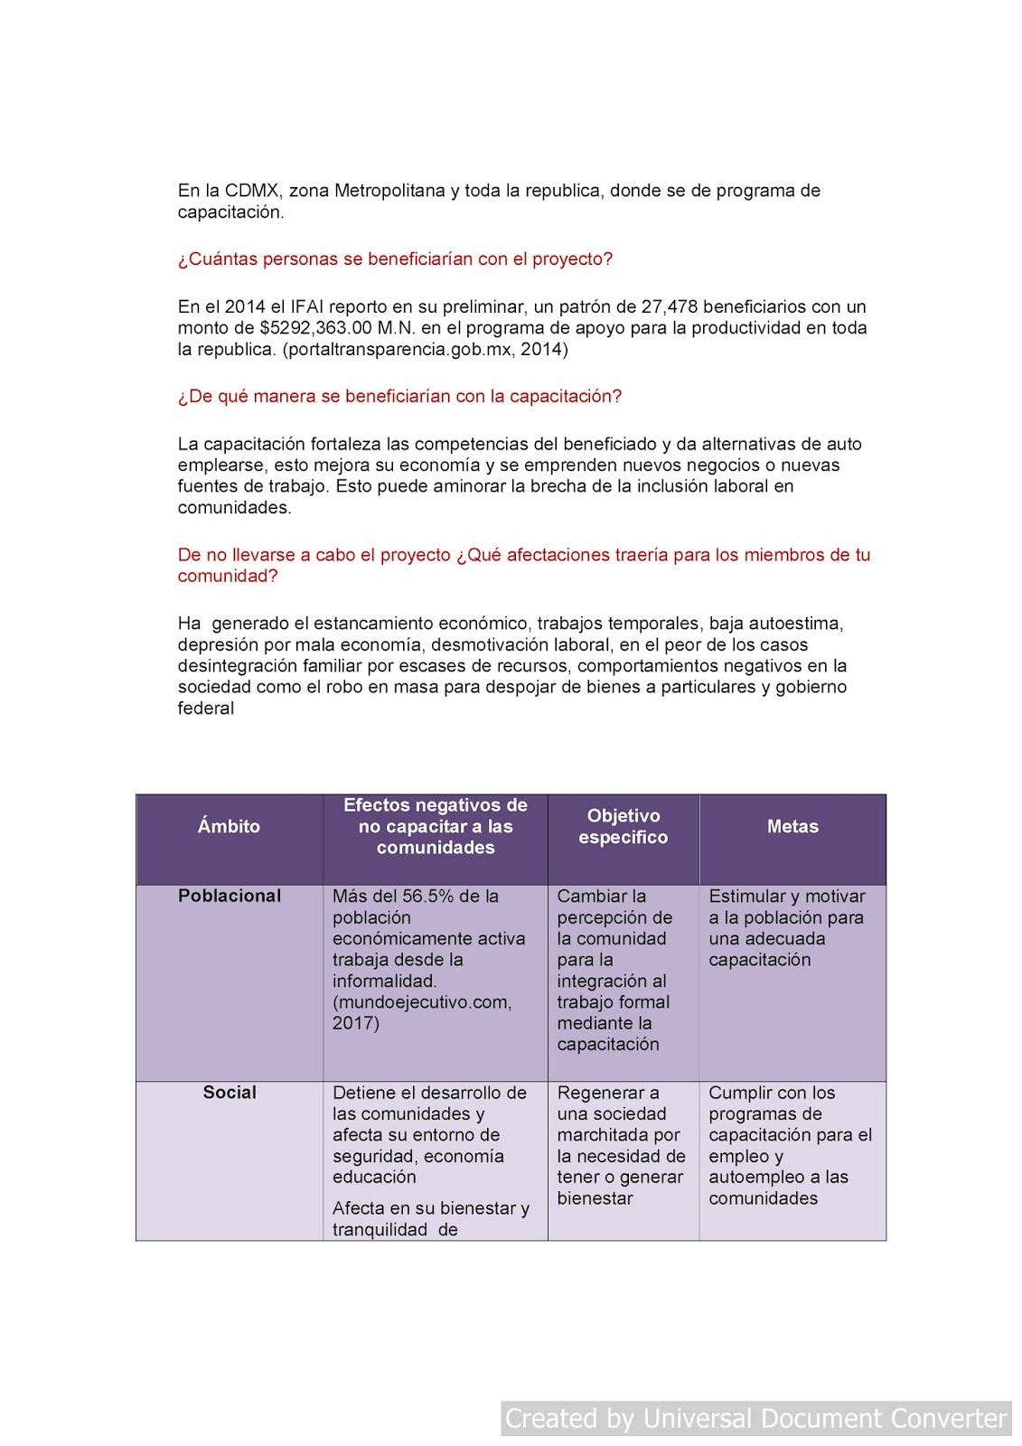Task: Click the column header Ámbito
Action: click(229, 826)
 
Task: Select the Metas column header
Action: click(792, 826)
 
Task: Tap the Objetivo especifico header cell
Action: click(623, 826)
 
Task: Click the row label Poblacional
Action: click(230, 896)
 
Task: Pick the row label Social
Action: click(230, 1092)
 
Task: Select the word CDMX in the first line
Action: click(252, 191)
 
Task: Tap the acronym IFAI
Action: click(306, 306)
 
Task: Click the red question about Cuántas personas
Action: click(395, 259)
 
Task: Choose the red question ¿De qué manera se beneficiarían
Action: click(399, 397)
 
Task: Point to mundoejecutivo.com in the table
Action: click(421, 1002)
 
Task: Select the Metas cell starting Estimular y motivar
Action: click(786, 927)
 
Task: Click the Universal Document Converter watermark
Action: click(755, 1418)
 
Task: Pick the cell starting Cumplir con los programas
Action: click(790, 1144)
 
